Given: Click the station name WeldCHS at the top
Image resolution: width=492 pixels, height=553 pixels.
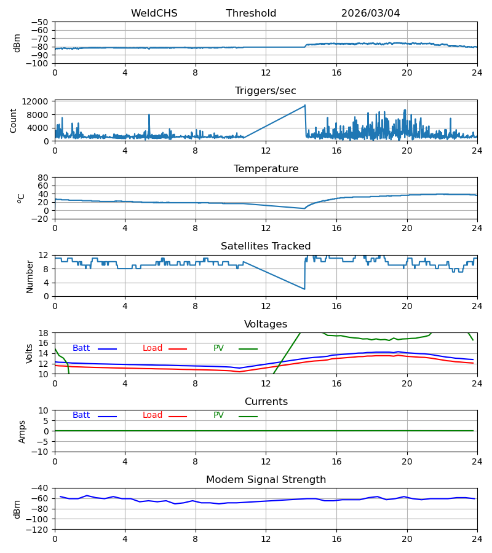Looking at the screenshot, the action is tap(154, 13).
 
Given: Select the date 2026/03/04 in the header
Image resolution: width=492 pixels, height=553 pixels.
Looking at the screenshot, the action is tap(370, 13).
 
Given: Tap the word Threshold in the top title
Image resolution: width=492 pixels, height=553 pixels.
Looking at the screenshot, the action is tap(251, 13).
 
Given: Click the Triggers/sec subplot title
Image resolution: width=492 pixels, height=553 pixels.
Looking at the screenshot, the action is tap(266, 91).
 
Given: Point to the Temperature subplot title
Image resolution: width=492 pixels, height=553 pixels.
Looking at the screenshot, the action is tap(266, 168).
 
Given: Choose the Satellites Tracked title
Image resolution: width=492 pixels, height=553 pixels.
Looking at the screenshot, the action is tap(266, 246).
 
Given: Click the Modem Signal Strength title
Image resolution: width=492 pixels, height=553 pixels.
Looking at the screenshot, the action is tap(266, 480).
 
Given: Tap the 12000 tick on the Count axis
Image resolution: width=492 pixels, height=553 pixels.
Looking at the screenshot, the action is tap(35, 101).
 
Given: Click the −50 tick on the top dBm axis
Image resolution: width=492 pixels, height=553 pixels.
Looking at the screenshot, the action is tap(40, 22).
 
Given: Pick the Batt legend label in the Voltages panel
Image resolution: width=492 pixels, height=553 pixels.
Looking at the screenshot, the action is tap(81, 348).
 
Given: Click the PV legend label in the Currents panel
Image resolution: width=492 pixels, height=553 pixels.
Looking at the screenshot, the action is tap(218, 415).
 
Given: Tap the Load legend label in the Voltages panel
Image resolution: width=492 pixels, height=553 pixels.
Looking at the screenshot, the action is tap(153, 348).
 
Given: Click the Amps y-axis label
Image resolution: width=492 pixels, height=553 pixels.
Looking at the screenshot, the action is tap(22, 432).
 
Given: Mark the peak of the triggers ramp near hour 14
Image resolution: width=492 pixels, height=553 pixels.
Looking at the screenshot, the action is tap(305, 105).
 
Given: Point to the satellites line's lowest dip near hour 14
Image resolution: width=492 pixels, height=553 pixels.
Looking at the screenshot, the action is tap(304, 289).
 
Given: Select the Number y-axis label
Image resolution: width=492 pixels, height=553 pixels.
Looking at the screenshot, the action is tap(30, 276).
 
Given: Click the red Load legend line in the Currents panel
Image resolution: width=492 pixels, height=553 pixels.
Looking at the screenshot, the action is tap(178, 417).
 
